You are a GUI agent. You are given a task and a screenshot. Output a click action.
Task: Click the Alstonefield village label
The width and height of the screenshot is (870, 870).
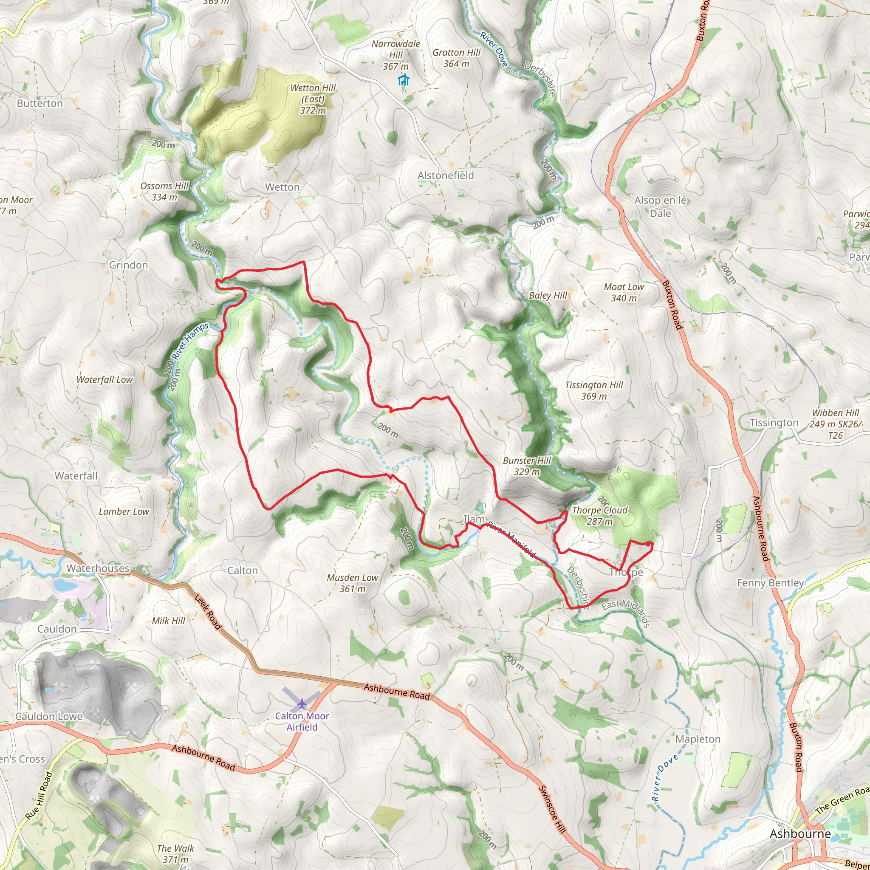445,175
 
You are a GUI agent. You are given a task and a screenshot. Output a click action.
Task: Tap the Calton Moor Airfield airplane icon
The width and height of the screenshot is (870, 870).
301,703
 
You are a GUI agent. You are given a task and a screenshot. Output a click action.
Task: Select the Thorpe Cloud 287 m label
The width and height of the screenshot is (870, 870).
599,516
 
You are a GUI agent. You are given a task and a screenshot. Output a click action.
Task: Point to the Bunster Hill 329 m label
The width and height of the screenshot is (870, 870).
527,466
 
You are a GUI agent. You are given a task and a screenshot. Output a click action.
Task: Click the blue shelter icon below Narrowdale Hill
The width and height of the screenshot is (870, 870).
404,80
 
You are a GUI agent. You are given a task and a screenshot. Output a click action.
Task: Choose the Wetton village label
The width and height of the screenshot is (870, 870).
282,187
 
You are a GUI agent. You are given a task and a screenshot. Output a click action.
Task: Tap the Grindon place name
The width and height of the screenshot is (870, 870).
128,265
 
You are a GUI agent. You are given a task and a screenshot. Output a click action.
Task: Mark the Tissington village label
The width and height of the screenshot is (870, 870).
774,422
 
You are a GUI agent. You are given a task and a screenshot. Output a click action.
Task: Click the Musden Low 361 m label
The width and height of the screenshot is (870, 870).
353,583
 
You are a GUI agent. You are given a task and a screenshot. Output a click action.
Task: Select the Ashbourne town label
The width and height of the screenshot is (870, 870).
800,833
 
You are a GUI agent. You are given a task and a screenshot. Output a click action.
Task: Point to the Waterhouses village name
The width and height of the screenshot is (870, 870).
98,568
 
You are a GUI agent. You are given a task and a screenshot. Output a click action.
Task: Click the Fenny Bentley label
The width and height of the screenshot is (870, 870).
770,583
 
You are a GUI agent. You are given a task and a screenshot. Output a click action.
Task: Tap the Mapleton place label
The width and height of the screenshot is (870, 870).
698,739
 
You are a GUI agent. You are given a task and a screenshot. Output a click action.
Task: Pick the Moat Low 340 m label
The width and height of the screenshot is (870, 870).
624,292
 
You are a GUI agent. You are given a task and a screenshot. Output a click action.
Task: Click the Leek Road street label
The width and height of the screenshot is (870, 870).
208,612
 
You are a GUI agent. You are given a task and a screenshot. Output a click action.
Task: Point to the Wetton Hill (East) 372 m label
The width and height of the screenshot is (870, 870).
313,99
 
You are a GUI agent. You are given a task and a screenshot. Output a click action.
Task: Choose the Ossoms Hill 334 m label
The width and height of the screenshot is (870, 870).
164,192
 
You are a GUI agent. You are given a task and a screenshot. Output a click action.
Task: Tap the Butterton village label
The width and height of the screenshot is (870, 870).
40,104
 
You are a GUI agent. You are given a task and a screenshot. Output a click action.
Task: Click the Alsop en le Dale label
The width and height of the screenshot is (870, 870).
660,207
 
